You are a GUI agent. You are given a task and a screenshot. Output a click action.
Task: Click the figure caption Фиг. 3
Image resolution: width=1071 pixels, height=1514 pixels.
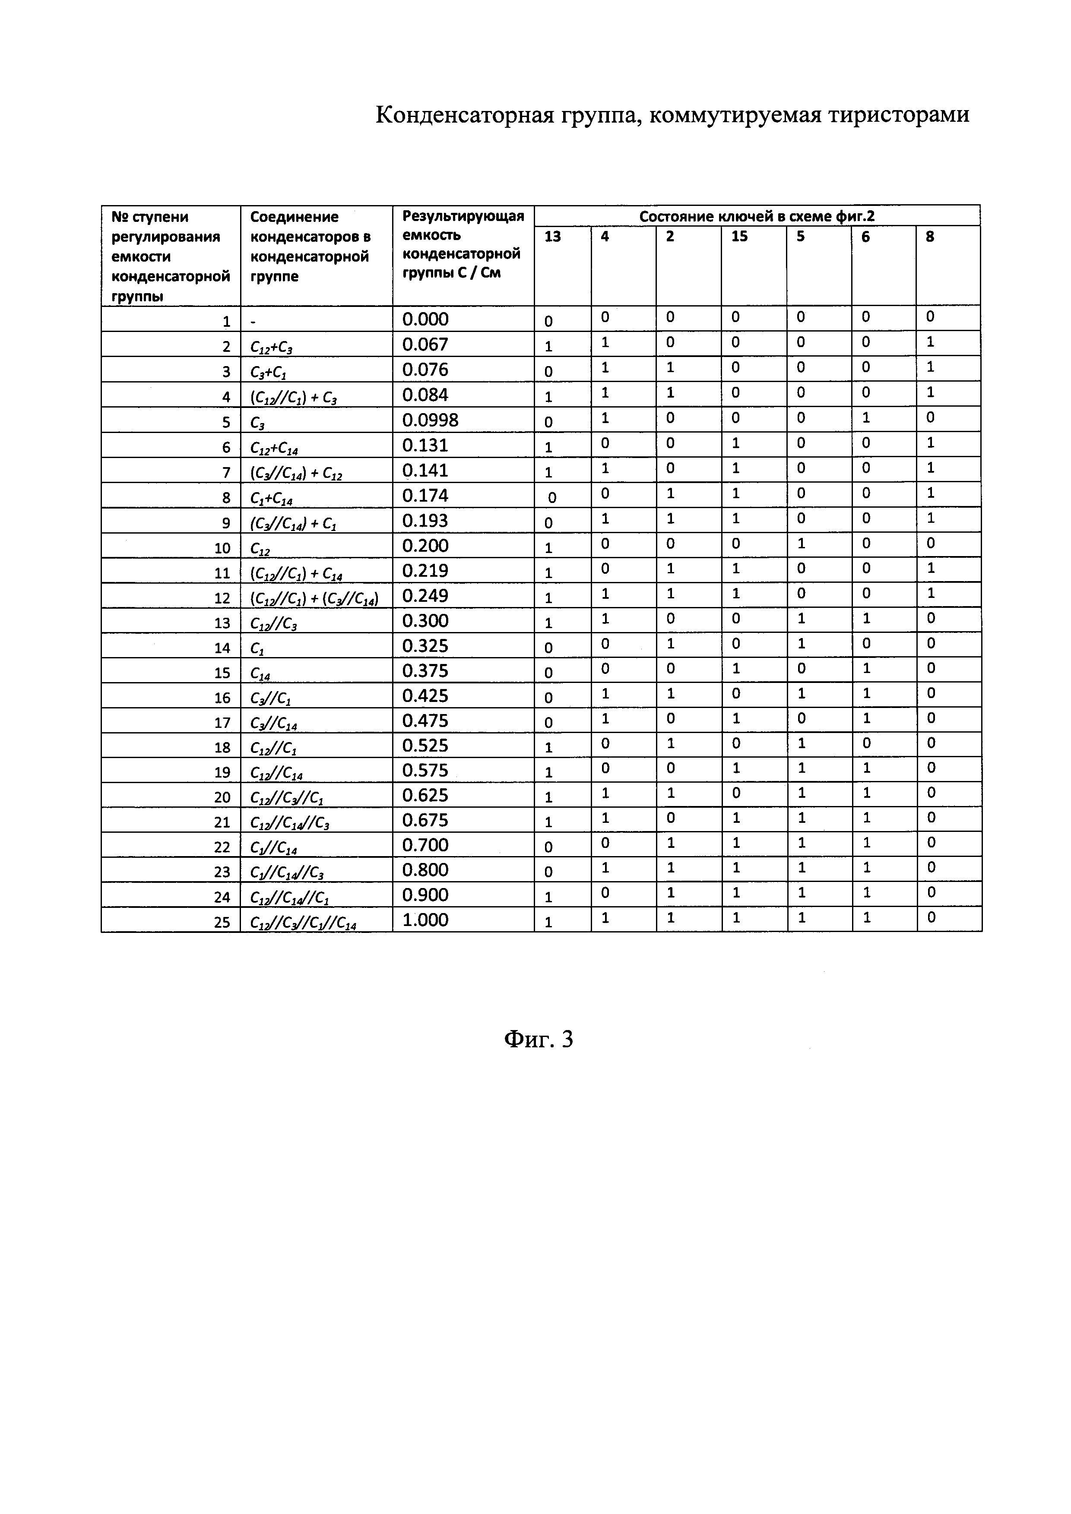[x=538, y=1039]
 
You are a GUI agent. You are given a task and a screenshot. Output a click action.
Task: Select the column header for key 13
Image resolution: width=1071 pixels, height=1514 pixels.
[x=553, y=237]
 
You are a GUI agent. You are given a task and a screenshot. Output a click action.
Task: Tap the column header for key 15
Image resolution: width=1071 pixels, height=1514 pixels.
[x=739, y=237]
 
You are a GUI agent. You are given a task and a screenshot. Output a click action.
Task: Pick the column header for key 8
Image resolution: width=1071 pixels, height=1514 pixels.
[x=930, y=237]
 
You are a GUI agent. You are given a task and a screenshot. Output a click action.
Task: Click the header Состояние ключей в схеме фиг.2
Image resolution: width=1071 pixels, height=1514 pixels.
[x=757, y=216]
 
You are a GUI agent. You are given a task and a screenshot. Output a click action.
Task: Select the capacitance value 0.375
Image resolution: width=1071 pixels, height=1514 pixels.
[x=425, y=670]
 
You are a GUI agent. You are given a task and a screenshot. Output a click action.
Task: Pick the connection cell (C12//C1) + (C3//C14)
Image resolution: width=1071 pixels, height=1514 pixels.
[x=314, y=598]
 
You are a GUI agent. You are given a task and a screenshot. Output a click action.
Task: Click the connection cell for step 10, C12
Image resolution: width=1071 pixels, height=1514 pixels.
[x=260, y=548]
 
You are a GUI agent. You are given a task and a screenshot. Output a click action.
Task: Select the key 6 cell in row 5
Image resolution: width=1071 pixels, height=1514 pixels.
[x=867, y=417]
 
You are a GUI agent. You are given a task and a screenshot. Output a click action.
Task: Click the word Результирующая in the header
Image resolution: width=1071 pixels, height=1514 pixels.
[x=463, y=216]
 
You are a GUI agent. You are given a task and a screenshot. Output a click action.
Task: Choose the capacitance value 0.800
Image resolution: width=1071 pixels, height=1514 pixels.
[x=425, y=870]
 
